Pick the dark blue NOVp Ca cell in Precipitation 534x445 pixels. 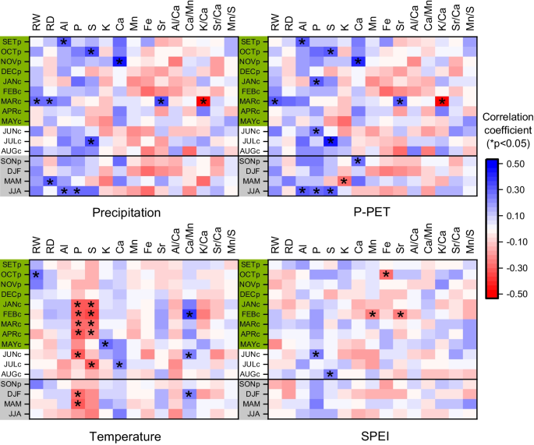(x=119, y=62)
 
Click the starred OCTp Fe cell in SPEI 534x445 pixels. (x=386, y=274)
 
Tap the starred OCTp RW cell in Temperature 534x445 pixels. (x=36, y=274)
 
